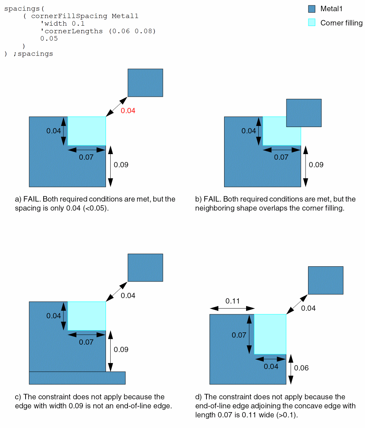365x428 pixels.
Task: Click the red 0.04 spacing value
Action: point(128,110)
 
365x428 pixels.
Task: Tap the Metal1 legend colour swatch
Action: point(312,9)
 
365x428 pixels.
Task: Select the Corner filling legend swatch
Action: point(312,22)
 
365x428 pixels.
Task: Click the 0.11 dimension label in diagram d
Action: point(232,301)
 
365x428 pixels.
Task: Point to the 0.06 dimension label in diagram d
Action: point(301,368)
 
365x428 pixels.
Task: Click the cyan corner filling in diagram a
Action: point(87,131)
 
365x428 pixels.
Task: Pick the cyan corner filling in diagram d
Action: point(270,335)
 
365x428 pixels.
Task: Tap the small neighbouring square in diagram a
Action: point(145,83)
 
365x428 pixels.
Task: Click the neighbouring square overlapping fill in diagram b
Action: point(304,113)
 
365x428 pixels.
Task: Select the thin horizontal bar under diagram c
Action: point(77,378)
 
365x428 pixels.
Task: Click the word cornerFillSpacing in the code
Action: point(69,16)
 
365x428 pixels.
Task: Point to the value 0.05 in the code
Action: point(49,39)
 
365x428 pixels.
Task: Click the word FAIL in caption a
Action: point(31,199)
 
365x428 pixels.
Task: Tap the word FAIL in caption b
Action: point(212,199)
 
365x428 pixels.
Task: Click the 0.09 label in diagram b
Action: point(316,165)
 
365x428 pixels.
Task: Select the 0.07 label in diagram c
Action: point(86,342)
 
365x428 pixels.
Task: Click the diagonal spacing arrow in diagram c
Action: point(117,292)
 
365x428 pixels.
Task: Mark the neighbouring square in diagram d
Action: point(325,280)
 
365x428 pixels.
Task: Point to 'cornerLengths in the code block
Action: point(72,31)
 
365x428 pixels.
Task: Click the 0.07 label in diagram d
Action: point(239,335)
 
